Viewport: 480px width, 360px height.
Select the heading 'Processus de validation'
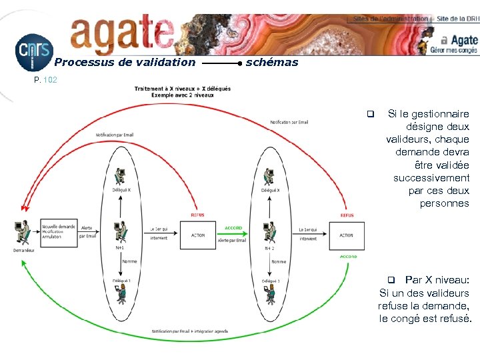click(125, 63)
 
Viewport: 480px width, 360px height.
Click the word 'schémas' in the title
click(272, 63)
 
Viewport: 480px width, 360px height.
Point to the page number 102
click(50, 80)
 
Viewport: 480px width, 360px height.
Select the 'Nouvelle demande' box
click(58, 231)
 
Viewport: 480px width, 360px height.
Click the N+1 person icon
click(120, 231)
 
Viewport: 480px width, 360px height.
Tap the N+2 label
click(270, 249)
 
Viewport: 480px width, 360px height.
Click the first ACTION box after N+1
click(198, 235)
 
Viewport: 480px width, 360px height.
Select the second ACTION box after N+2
click(346, 235)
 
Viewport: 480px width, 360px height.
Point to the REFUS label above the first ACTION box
click(198, 215)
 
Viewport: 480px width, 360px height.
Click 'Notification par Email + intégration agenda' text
click(189, 331)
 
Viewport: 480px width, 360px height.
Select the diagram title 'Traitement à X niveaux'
click(182, 89)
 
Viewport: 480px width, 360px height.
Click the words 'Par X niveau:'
click(437, 280)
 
